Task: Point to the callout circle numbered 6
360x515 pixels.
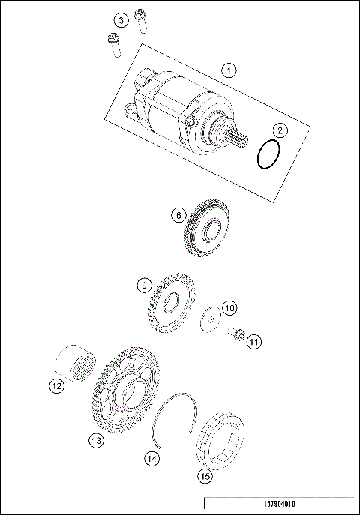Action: point(178,215)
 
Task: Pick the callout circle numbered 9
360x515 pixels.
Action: point(143,285)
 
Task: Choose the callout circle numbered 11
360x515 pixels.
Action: point(254,342)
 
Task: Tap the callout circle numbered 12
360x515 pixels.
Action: point(56,387)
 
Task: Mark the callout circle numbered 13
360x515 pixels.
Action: point(96,441)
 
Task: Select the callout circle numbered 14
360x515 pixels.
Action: point(152,457)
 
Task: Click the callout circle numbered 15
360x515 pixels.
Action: point(204,475)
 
